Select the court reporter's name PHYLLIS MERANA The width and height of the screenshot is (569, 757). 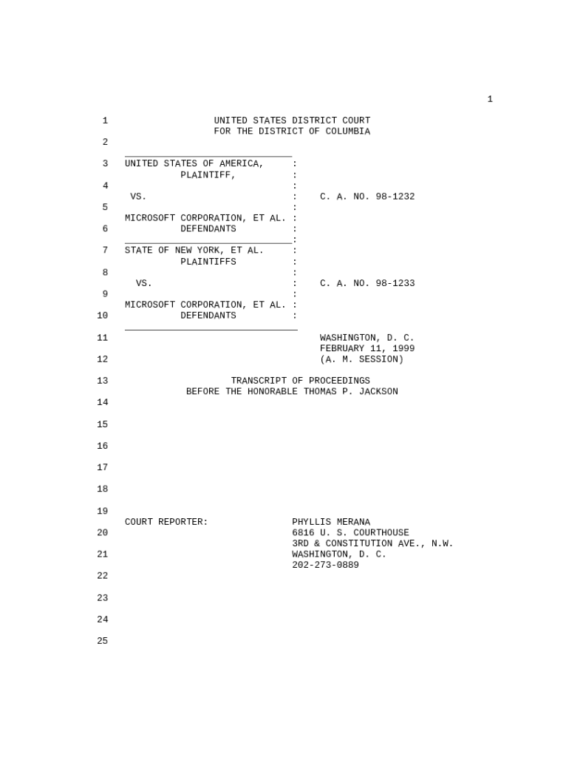(331, 522)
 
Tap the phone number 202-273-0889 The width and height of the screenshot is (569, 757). (325, 565)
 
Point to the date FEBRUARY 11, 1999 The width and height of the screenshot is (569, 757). (367, 348)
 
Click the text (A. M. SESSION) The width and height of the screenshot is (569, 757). (361, 359)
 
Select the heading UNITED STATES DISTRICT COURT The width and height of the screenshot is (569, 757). (292, 120)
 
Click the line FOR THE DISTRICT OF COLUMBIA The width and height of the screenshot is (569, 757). (292, 132)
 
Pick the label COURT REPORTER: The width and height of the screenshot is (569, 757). (166, 522)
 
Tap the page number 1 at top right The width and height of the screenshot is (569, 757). (490, 99)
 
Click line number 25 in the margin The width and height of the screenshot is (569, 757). (102, 641)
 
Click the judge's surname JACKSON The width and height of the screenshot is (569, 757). (378, 392)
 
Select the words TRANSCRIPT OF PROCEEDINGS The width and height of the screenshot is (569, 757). (300, 381)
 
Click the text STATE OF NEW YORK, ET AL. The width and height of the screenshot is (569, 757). (194, 251)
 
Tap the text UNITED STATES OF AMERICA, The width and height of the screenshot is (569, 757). (194, 163)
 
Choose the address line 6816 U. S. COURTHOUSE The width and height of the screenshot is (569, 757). (350, 533)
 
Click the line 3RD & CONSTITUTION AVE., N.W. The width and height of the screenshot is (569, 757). (372, 543)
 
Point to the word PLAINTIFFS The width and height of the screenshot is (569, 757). (208, 262)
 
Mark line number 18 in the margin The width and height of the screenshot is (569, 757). (102, 489)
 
